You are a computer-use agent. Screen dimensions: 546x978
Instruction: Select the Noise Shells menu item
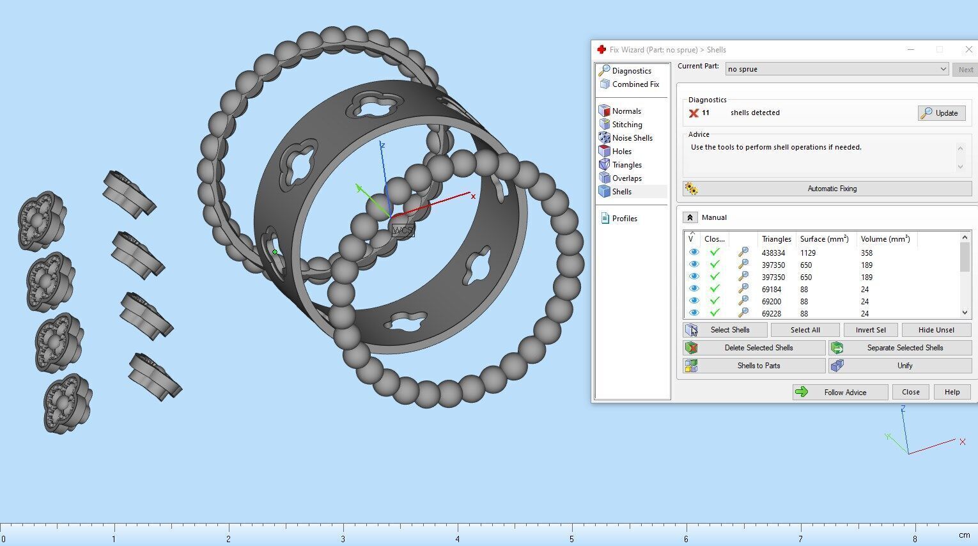coord(632,138)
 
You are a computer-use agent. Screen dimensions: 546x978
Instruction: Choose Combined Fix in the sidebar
coord(635,84)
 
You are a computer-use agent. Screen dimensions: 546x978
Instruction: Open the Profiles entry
coord(624,219)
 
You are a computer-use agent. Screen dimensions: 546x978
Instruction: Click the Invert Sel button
coord(870,330)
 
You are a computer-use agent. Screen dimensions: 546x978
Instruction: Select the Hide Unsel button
coord(936,330)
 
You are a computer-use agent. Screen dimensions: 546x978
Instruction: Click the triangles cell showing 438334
coord(773,253)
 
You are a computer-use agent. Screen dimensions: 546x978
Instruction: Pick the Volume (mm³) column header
coord(885,239)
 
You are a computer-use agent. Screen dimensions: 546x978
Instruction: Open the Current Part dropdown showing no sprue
coord(836,69)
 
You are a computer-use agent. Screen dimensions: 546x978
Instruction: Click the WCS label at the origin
coord(403,230)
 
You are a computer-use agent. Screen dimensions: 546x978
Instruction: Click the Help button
coord(952,392)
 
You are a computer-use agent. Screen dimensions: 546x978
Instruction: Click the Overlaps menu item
coord(626,178)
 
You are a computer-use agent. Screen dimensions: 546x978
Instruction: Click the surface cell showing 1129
coord(808,253)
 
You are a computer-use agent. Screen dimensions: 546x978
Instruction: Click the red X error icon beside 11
coord(694,113)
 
